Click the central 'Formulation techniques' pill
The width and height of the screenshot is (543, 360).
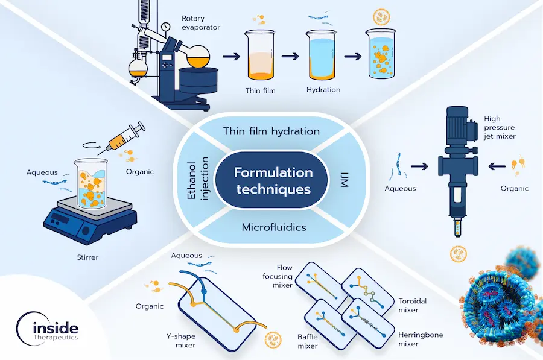click(x=273, y=181)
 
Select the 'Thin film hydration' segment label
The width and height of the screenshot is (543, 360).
click(x=271, y=131)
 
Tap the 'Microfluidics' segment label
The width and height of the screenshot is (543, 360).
click(x=273, y=228)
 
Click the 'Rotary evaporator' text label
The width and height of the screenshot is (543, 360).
click(x=201, y=23)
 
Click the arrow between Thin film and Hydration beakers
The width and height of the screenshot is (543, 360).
click(x=292, y=58)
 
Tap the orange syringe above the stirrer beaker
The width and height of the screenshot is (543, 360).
click(x=126, y=136)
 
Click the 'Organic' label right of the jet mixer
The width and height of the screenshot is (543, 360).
click(x=514, y=188)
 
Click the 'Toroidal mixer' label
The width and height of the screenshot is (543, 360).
click(x=413, y=305)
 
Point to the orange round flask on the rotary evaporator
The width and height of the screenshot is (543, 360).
click(x=197, y=58)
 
